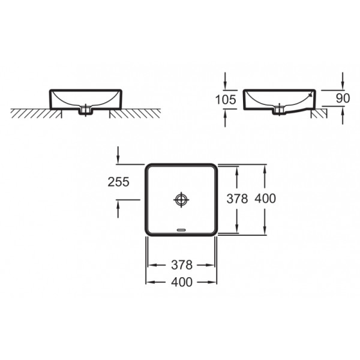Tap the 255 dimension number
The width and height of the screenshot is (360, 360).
tap(119, 182)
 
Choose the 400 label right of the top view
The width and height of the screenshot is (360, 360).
tap(265, 199)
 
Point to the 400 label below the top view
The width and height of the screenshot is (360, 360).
tap(182, 282)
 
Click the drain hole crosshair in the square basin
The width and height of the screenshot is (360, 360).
tap(181, 199)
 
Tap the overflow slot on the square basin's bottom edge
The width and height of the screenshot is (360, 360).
tap(181, 229)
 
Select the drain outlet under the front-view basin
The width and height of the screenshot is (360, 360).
tap(86, 110)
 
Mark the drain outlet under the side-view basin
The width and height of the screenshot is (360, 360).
tap(279, 110)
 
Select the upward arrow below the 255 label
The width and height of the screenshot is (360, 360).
tap(119, 209)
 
